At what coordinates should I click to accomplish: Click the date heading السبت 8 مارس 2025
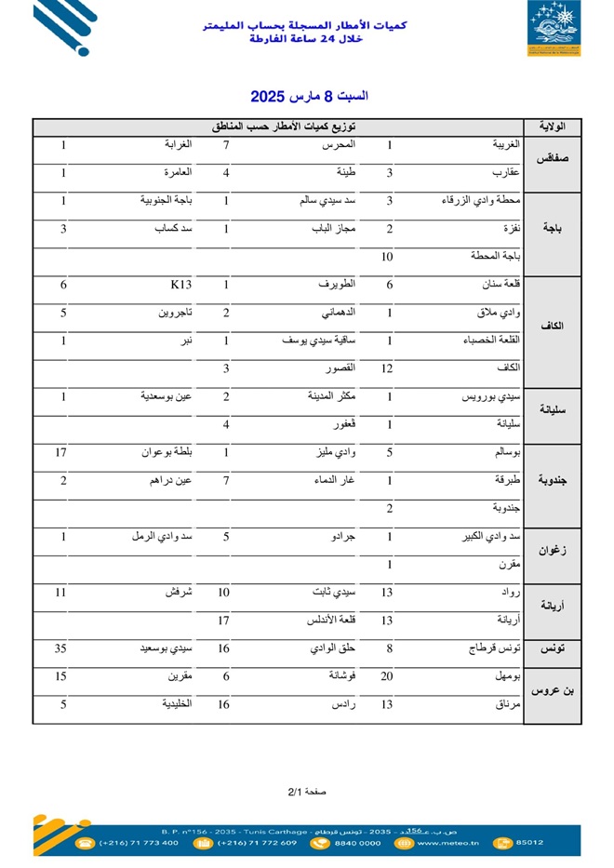click(309, 96)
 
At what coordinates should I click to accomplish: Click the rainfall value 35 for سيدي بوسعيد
click(63, 650)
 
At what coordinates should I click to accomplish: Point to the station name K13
click(180, 286)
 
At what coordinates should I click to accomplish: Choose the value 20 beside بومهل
click(389, 677)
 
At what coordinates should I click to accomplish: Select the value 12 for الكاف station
click(389, 369)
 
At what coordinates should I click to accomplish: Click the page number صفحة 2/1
click(307, 792)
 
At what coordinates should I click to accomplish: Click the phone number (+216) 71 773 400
click(139, 843)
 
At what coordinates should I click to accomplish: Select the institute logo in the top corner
click(554, 29)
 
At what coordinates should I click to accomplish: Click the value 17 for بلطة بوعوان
click(63, 453)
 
